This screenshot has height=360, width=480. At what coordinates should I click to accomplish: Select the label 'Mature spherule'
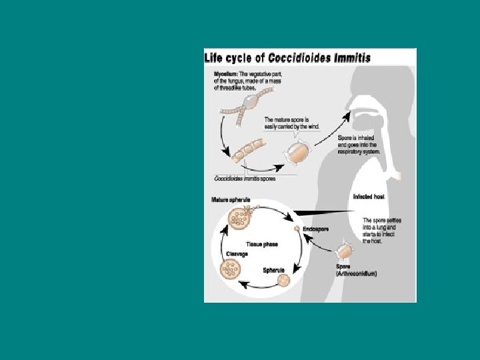tap(231, 201)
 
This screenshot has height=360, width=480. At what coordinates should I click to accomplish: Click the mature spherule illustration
tap(238, 217)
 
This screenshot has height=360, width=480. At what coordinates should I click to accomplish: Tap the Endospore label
tap(315, 229)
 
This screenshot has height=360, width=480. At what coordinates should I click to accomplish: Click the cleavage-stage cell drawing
tap(231, 269)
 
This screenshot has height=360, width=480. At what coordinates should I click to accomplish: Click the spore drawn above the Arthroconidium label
tap(343, 251)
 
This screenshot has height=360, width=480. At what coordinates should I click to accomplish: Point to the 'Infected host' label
tap(369, 197)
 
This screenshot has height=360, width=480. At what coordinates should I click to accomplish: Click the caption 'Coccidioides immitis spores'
tap(244, 178)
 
